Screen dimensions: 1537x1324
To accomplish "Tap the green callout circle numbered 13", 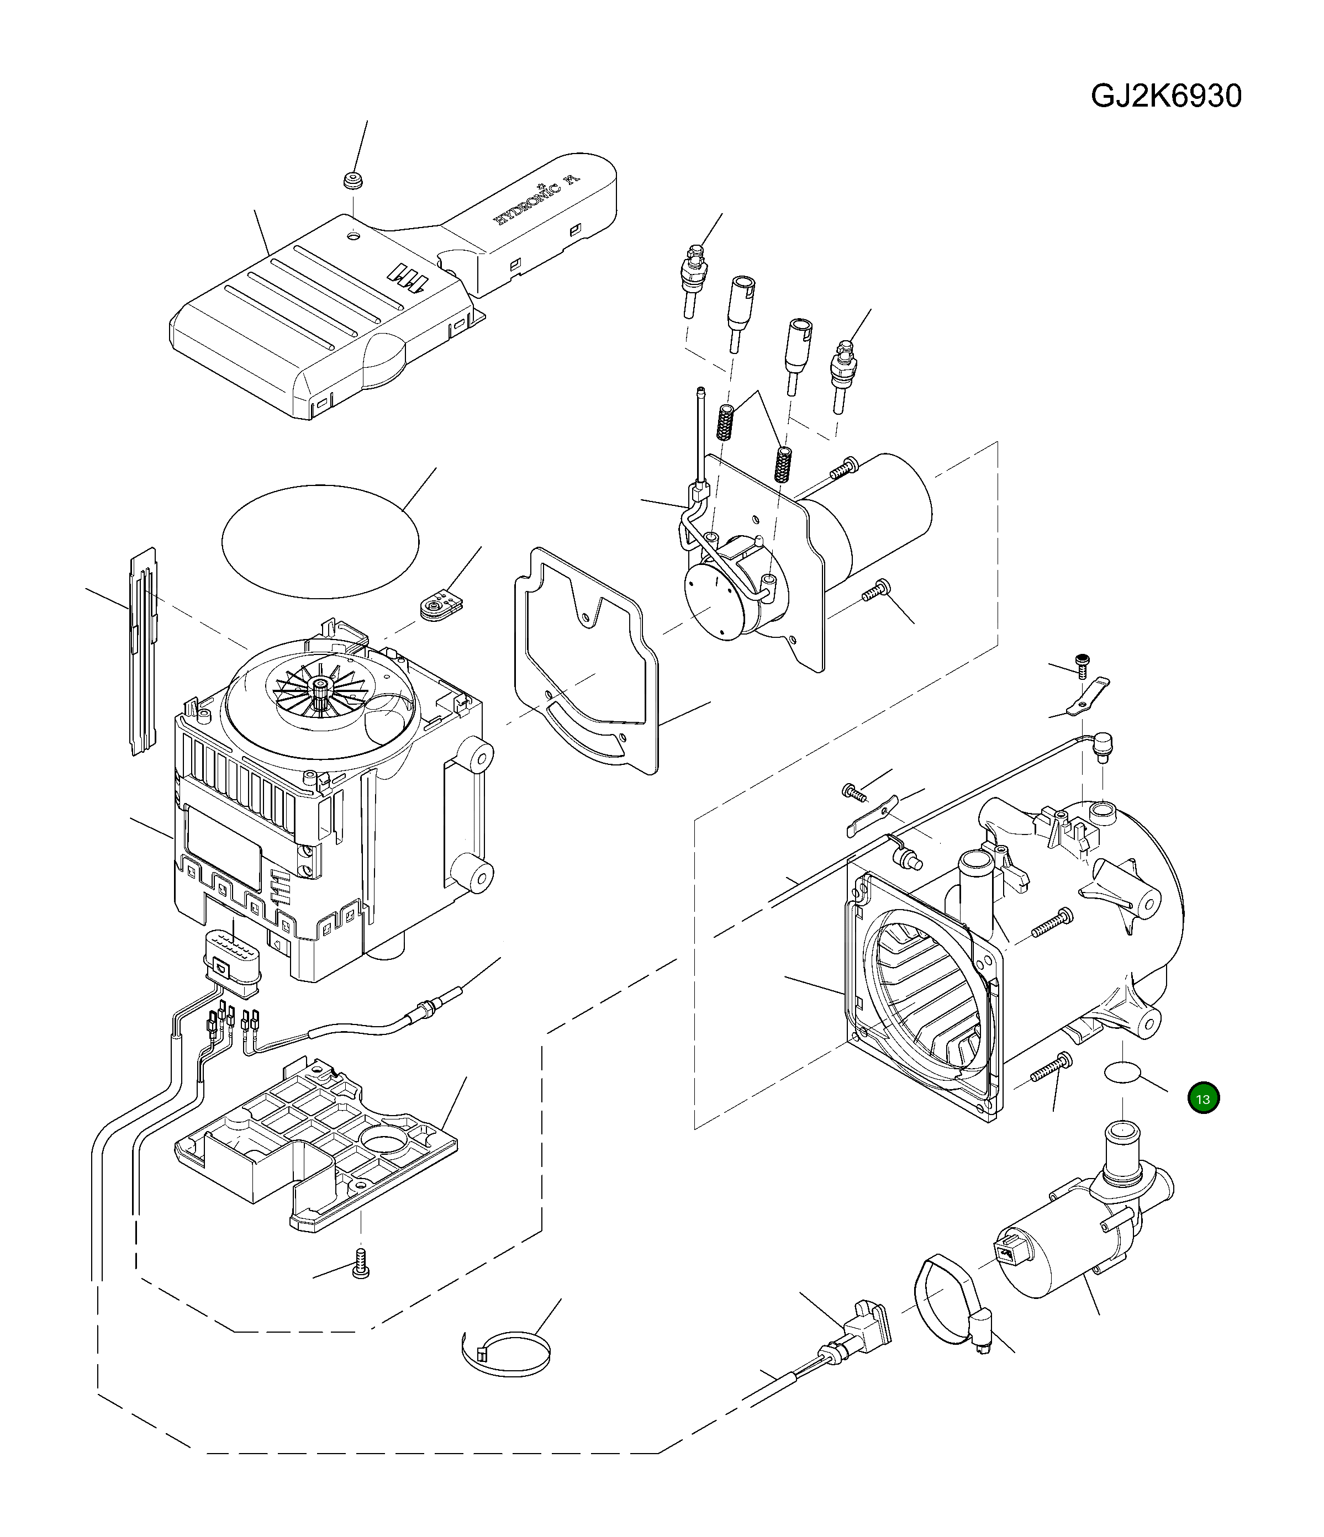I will (x=1202, y=1098).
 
